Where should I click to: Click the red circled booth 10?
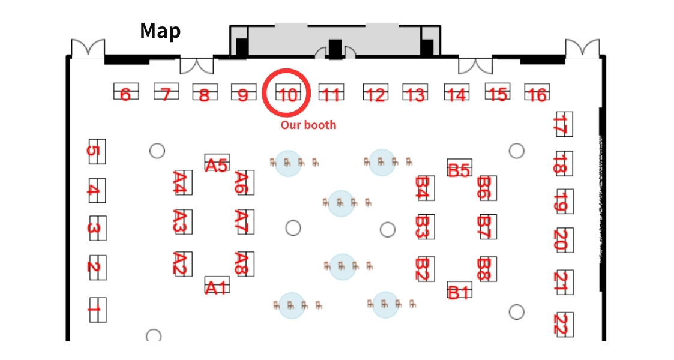287,93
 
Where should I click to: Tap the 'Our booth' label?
308,125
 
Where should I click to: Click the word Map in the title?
160,31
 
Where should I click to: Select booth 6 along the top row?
125,93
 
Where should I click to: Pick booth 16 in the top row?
537,94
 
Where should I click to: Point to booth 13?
415,93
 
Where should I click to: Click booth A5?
217,164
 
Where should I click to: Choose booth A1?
217,286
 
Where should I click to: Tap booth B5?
459,169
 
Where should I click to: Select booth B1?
459,292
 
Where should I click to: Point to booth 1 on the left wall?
95,310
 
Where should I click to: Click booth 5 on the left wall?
95,151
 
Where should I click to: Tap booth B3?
424,227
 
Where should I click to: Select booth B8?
486,269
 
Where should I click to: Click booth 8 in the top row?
204,94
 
